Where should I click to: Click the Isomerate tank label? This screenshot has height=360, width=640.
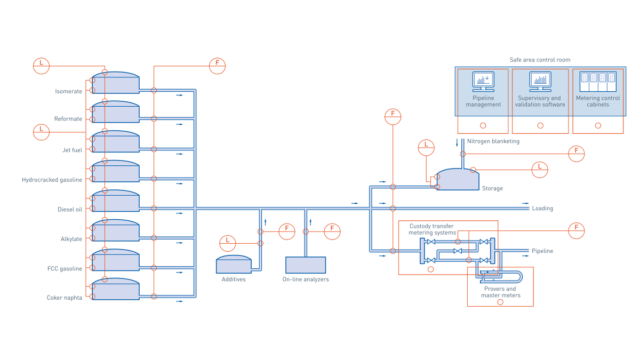click(69, 91)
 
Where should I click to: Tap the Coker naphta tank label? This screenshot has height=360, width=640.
click(65, 298)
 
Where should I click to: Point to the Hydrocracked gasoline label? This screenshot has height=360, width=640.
click(52, 180)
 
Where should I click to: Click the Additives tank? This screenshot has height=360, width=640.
click(233, 264)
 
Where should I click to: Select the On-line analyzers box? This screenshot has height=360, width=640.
click(306, 265)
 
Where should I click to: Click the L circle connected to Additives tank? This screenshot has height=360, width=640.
click(228, 243)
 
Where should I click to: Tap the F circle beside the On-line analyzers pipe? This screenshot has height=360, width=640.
click(332, 231)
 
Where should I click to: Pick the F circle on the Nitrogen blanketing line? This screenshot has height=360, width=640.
click(576, 154)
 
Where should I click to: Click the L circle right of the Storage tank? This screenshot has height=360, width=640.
click(540, 170)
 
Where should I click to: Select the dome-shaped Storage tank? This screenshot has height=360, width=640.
click(457, 180)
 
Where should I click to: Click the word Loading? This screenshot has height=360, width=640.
click(542, 209)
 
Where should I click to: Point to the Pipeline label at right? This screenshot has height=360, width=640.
click(542, 251)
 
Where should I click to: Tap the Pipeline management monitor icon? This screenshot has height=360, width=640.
click(483, 80)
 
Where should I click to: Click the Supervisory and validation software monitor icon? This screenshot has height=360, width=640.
click(540, 80)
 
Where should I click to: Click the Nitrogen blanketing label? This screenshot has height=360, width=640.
click(493, 141)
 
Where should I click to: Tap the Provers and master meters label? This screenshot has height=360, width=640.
click(500, 292)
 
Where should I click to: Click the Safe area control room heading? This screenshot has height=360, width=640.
click(540, 60)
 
